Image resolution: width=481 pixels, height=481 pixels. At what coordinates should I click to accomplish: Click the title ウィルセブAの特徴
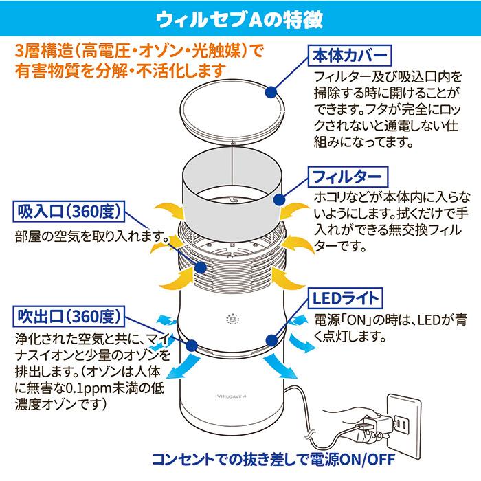pos(240,16)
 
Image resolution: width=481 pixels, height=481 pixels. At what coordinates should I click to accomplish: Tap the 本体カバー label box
pos(350,56)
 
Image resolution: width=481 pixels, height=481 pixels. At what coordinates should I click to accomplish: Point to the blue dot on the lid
pos(271,90)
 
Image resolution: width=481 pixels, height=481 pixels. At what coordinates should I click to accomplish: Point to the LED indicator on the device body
pos(231,320)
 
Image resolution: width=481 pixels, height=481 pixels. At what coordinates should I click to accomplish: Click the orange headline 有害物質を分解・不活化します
pos(121,69)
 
